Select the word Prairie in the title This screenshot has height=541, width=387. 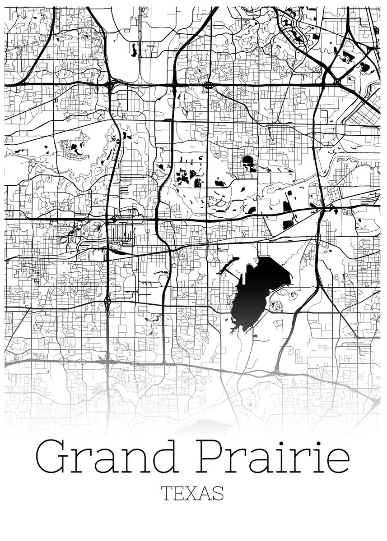[274, 458]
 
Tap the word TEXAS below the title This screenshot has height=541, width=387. [193, 494]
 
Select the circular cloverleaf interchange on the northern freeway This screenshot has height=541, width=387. [208, 85]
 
